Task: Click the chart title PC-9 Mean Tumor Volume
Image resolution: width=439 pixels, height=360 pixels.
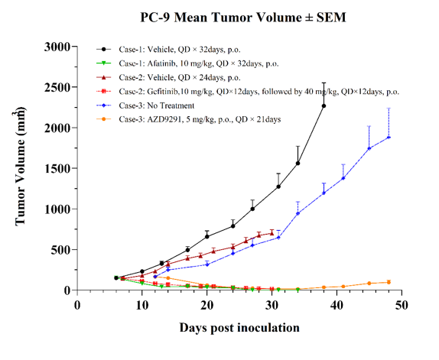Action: [x=243, y=18]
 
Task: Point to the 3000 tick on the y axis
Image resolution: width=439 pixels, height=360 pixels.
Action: [x=57, y=47]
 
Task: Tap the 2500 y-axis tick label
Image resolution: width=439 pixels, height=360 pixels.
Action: [x=57, y=87]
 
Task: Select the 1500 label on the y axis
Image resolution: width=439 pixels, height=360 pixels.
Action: [x=57, y=168]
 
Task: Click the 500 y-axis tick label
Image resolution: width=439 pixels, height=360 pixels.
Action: [x=60, y=249]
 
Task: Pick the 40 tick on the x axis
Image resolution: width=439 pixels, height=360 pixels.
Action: [x=337, y=305]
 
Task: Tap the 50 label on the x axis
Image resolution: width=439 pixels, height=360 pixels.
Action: [x=402, y=305]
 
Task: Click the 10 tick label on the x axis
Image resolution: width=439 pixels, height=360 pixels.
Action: [x=142, y=305]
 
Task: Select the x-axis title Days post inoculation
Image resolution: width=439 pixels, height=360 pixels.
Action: [x=239, y=328]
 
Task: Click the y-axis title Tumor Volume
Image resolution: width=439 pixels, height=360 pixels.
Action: [x=20, y=167]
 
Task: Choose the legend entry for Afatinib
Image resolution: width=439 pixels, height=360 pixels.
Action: [x=199, y=63]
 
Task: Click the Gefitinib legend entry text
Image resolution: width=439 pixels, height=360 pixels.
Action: [x=259, y=92]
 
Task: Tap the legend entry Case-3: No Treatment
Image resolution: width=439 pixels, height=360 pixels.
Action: [x=157, y=105]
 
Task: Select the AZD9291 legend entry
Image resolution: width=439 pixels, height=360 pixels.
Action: [x=200, y=119]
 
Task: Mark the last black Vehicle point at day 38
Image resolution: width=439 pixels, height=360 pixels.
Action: [x=324, y=105]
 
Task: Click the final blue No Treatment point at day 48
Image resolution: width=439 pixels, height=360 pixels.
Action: [x=389, y=138]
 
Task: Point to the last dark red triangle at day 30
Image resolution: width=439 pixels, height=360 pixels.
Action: [x=272, y=233]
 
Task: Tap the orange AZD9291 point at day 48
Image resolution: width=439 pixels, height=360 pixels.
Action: [x=389, y=282]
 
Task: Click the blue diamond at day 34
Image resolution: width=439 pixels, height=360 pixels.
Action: [x=298, y=213]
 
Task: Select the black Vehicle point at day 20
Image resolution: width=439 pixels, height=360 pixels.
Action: [x=207, y=236]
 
